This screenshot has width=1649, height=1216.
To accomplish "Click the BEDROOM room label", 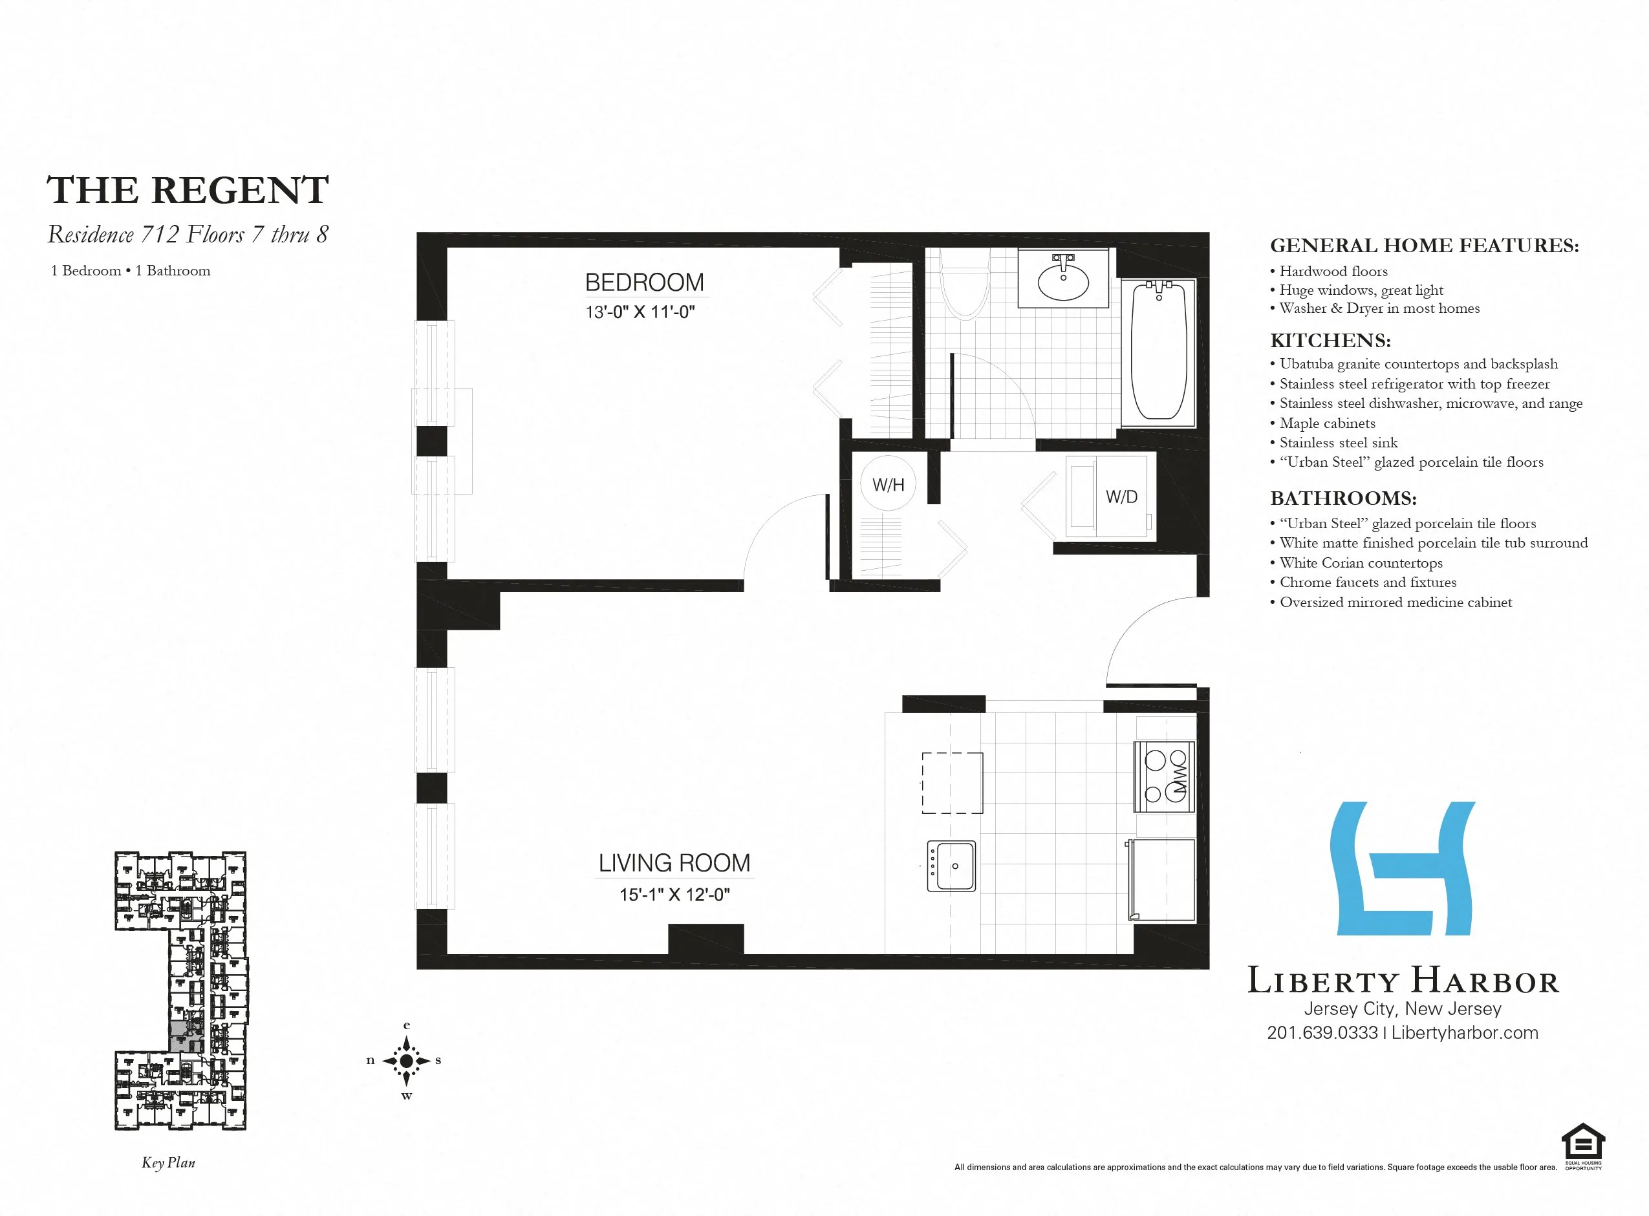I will coord(644,282).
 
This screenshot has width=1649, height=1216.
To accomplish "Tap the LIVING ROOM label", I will coord(674,862).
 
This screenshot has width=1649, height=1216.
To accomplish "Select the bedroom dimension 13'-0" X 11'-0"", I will coord(640,312).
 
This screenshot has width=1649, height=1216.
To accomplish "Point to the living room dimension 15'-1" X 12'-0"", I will coord(674,894).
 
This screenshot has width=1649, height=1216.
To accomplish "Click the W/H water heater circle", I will coord(888,484).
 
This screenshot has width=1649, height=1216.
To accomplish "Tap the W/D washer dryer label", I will coord(1121,497).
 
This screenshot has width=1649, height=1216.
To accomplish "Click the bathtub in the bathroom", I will coord(1159,351).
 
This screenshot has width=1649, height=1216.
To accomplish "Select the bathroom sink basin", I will coord(1063,281).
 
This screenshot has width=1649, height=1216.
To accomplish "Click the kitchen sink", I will coord(951,866).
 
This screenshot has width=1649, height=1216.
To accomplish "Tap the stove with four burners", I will coord(1164,776).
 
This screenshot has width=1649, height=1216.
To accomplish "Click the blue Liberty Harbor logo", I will coord(1403,869).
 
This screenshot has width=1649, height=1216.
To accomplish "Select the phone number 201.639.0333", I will coord(1322,1032).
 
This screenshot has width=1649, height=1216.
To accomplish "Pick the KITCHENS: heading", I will coord(1330,340).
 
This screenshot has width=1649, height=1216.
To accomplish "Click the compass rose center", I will coord(406,1060).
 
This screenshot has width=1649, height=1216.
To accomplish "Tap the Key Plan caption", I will coord(169,1162).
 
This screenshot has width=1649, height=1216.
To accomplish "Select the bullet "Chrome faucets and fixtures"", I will coord(1368,582).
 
